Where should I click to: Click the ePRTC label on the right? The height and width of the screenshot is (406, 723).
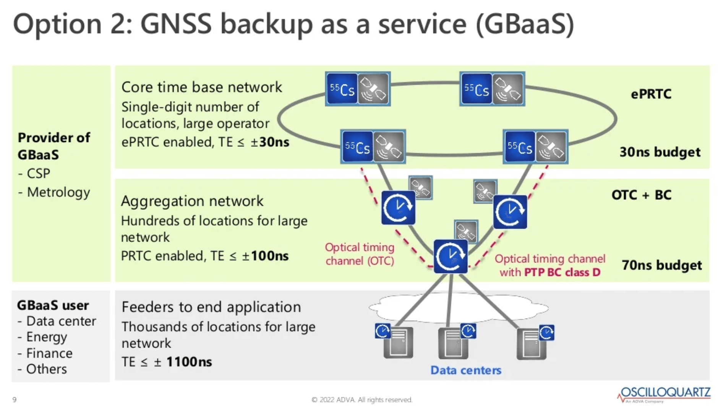point(651,94)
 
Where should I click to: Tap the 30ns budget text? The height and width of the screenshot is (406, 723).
point(660,152)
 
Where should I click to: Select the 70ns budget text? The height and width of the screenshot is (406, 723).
point(661,265)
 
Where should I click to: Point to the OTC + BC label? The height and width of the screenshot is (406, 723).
point(641,195)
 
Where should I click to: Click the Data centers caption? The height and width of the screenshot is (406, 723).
point(465,370)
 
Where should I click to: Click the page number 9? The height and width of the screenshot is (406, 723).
point(15,400)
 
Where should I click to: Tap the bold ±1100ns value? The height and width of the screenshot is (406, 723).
point(189,362)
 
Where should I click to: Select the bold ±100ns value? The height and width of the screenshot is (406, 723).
point(269,256)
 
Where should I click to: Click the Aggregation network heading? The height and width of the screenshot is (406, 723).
point(192,201)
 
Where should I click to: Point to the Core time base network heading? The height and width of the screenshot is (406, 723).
point(201,87)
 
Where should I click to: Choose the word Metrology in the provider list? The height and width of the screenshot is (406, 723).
point(58,192)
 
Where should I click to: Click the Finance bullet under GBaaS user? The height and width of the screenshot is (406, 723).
point(49,353)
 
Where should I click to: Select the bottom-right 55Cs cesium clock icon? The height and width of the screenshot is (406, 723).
point(519,147)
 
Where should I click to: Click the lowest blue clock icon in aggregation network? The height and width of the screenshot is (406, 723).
point(451,256)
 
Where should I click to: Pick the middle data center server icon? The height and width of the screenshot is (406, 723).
point(453,343)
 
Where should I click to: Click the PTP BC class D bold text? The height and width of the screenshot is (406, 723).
point(562,272)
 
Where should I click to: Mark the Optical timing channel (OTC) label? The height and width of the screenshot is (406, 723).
point(359,254)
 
